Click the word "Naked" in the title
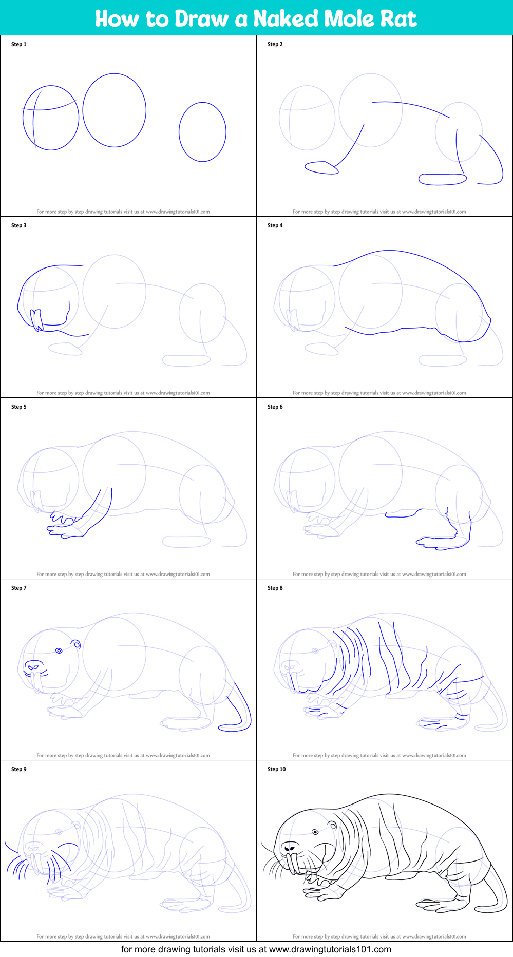tap(286, 18)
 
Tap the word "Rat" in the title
tap(398, 18)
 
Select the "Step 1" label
tap(19, 44)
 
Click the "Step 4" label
tap(275, 225)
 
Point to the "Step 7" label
tap(19, 588)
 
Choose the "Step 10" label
tap(277, 769)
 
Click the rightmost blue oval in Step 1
tap(179, 132)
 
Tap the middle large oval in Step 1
tap(83, 110)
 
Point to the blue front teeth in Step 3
tap(36, 320)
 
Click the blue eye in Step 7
tap(59, 650)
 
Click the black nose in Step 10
tap(290, 847)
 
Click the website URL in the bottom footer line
tap(330, 949)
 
